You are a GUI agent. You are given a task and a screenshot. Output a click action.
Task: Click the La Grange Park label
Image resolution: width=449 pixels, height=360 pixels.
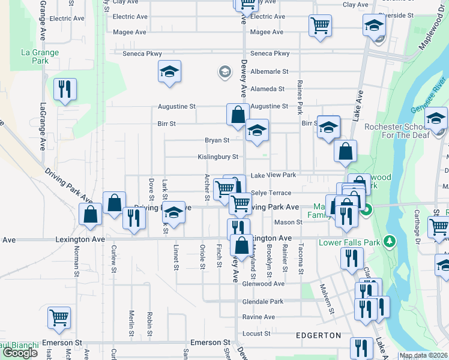[x=40, y=56]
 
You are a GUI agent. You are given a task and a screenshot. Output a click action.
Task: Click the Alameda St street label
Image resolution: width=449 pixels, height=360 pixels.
[x=268, y=89]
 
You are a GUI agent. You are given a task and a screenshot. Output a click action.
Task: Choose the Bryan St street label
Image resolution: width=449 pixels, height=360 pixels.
[x=217, y=140]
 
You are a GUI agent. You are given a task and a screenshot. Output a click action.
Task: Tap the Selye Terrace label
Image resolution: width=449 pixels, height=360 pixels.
[x=271, y=193]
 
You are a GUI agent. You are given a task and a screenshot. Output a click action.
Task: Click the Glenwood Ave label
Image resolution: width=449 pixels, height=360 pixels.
[x=263, y=284]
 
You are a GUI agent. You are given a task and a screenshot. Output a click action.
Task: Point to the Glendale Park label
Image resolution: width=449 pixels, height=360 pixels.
[x=262, y=301]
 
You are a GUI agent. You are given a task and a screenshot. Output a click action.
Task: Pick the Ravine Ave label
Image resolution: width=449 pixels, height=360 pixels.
[x=258, y=317]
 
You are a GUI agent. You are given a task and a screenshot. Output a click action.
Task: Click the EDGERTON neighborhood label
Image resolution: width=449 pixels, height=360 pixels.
[x=318, y=335]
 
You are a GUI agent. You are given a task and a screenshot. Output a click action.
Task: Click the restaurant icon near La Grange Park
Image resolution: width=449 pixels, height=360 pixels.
[x=64, y=90]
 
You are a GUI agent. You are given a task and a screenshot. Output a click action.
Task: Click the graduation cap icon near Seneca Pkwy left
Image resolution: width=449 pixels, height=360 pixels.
[x=170, y=73]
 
